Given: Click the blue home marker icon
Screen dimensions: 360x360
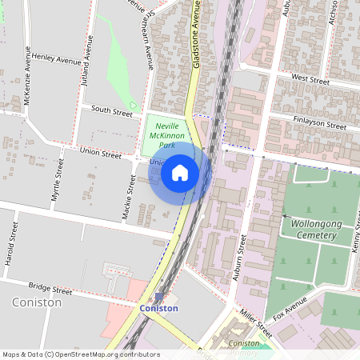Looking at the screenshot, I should (180, 173).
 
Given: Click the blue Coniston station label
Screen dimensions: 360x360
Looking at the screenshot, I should (158, 308).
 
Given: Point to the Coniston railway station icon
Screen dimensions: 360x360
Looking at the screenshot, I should (158, 297).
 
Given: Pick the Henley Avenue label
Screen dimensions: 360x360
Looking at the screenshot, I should (57, 60).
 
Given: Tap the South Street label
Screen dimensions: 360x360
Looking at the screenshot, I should (111, 112).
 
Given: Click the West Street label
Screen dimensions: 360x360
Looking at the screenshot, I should (310, 79).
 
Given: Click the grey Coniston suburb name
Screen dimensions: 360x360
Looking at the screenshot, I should (38, 302).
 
